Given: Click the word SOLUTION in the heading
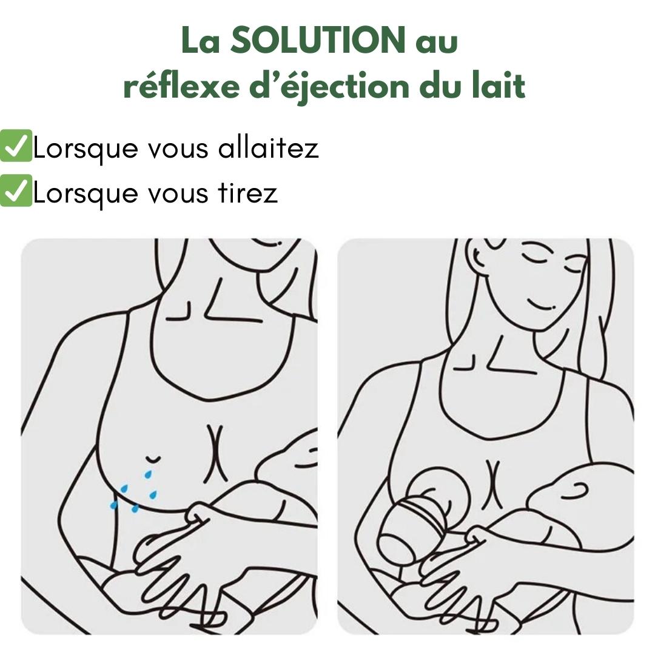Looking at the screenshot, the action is click(318, 40).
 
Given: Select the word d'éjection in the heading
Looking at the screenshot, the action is click(329, 87).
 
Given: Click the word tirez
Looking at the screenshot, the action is click(247, 192).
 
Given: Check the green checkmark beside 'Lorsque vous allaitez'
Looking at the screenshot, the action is click(16, 146).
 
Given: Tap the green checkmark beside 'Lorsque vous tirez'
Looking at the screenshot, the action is click(16, 190).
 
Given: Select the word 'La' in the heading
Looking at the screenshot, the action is click(201, 41).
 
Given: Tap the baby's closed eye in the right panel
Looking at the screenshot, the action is click(574, 491).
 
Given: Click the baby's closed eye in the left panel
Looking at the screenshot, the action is click(305, 465).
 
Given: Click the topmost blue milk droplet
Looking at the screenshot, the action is click(148, 474).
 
